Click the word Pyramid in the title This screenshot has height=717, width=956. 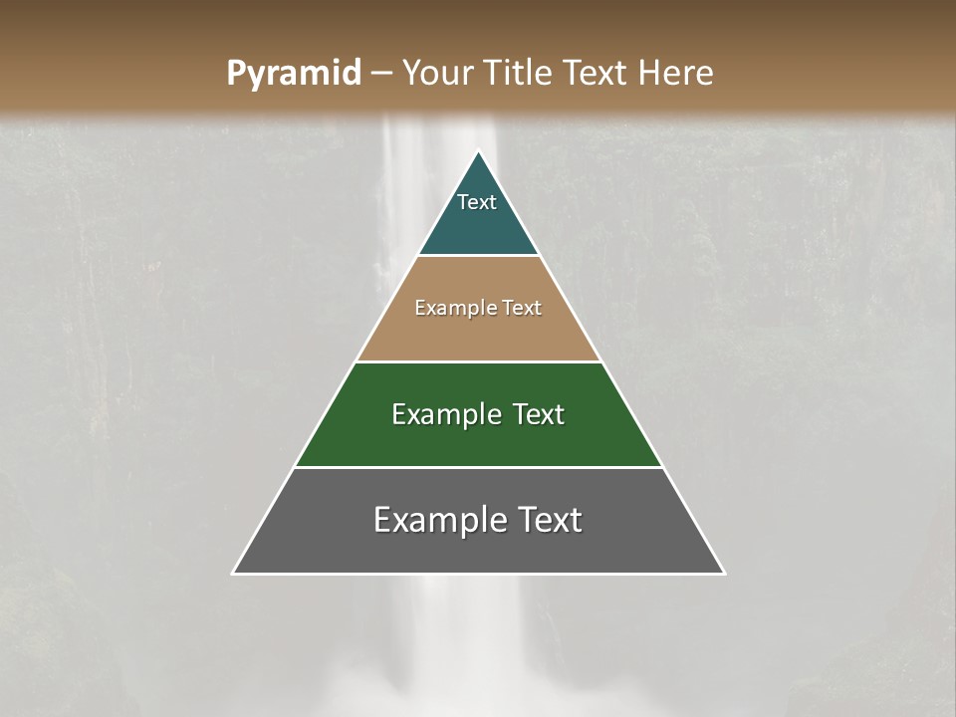point(293,74)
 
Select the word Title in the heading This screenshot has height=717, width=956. point(523,73)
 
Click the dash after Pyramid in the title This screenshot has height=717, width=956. point(380,74)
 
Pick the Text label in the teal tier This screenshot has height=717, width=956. point(477,202)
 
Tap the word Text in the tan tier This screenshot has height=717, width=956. point(522,308)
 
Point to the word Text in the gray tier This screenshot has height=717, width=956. point(549,520)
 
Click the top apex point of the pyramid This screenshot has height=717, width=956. point(479,150)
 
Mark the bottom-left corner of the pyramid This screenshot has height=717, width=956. point(233,574)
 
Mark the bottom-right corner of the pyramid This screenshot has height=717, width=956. point(724,574)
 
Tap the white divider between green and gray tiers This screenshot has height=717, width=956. point(479,467)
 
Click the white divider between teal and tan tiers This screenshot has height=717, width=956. point(479,256)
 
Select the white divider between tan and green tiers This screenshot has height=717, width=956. point(479,361)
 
